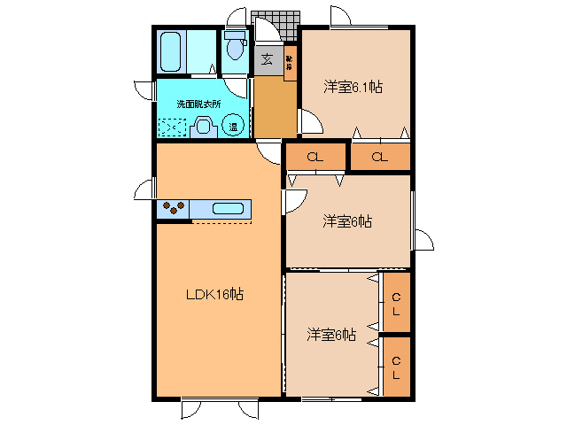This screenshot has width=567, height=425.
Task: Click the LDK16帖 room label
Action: pos(214,295)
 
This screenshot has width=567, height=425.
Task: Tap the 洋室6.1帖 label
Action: pos(353,87)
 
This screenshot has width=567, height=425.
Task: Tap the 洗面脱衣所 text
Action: pos(198,104)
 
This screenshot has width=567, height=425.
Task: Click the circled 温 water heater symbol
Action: pos(233,126)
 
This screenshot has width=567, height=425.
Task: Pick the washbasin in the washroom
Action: pos(204,127)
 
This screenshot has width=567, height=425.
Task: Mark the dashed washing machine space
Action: pos(174,127)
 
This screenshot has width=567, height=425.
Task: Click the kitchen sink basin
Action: pos(228,209)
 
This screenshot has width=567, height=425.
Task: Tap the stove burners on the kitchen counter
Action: pos(173,209)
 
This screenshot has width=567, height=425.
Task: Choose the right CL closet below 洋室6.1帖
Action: pos(379,157)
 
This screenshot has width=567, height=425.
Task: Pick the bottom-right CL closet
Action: pos(396,366)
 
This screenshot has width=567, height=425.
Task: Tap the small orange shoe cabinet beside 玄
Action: pos(290,62)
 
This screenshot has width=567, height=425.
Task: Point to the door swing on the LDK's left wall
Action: pos(145,189)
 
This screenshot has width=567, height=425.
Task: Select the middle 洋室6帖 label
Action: pos(346,220)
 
